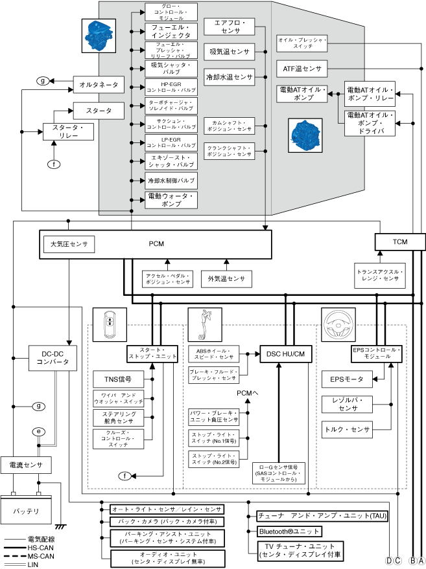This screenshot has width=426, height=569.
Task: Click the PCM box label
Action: [x=156, y=244]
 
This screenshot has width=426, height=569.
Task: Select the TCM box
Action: [x=400, y=241]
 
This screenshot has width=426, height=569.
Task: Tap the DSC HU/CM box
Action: [x=285, y=353]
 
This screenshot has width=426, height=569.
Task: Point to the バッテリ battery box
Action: [x=26, y=511]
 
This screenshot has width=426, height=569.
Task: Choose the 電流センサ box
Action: [x=25, y=464]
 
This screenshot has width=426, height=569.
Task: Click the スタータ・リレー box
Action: [x=67, y=132]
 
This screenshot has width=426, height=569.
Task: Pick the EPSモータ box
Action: [x=347, y=379]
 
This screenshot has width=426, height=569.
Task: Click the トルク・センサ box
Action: [x=347, y=429]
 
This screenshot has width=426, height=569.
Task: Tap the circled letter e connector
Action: [x=39, y=430]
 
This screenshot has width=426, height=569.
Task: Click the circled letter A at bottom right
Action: [x=421, y=560]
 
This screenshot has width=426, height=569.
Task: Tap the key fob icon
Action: [x=110, y=324]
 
